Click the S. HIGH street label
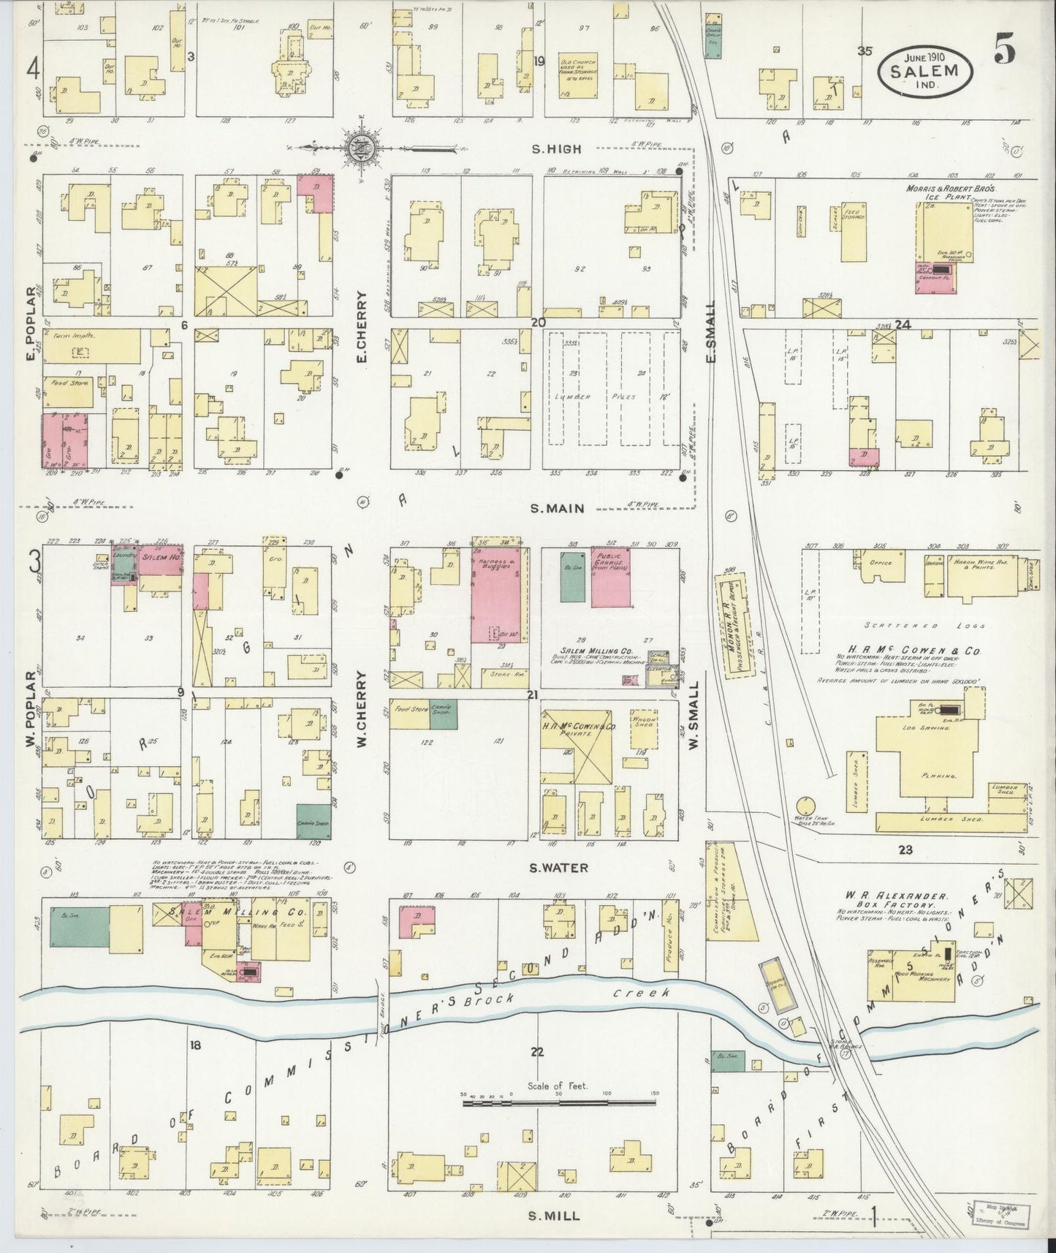[557, 149]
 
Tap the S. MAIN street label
[559, 508]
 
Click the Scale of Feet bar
[559, 1099]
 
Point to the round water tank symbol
[809, 806]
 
